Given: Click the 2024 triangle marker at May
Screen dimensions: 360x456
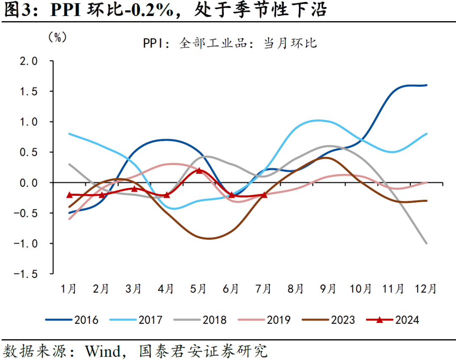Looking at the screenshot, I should coord(199,171).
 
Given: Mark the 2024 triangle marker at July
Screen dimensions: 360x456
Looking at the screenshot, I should coord(264,195).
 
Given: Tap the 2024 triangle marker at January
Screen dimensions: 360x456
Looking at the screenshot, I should coord(70,195).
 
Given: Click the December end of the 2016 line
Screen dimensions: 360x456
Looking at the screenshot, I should coord(426,85).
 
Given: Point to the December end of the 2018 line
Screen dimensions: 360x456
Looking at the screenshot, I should coord(426,243).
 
